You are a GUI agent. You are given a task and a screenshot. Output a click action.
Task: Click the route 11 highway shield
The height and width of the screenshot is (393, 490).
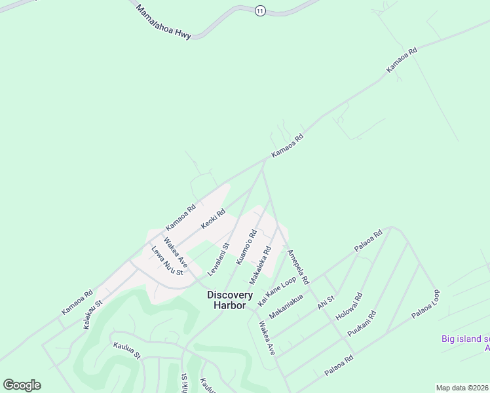[261, 11]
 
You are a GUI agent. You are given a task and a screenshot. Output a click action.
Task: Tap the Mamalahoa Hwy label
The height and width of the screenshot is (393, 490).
[163, 22]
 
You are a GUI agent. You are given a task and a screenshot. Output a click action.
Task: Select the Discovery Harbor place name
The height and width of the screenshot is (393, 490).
[230, 300]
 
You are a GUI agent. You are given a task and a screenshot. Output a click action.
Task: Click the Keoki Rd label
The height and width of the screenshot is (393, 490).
[214, 219]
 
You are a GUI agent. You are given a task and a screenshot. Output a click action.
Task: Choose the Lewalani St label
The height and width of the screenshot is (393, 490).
[218, 259]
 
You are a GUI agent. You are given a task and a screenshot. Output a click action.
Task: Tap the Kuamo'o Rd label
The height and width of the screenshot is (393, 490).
[246, 246]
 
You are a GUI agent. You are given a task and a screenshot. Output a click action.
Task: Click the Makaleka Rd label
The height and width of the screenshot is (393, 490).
[260, 261]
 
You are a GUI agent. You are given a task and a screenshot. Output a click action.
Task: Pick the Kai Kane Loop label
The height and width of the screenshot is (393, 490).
[277, 291]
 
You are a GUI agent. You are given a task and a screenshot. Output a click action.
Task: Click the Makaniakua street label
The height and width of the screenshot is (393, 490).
[286, 306]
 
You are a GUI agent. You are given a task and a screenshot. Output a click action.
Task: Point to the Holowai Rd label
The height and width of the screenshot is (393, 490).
[349, 309]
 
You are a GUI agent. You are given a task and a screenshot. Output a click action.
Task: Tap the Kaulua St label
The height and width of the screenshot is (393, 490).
[126, 350]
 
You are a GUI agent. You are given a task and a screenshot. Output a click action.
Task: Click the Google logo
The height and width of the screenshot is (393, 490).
[22, 385]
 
